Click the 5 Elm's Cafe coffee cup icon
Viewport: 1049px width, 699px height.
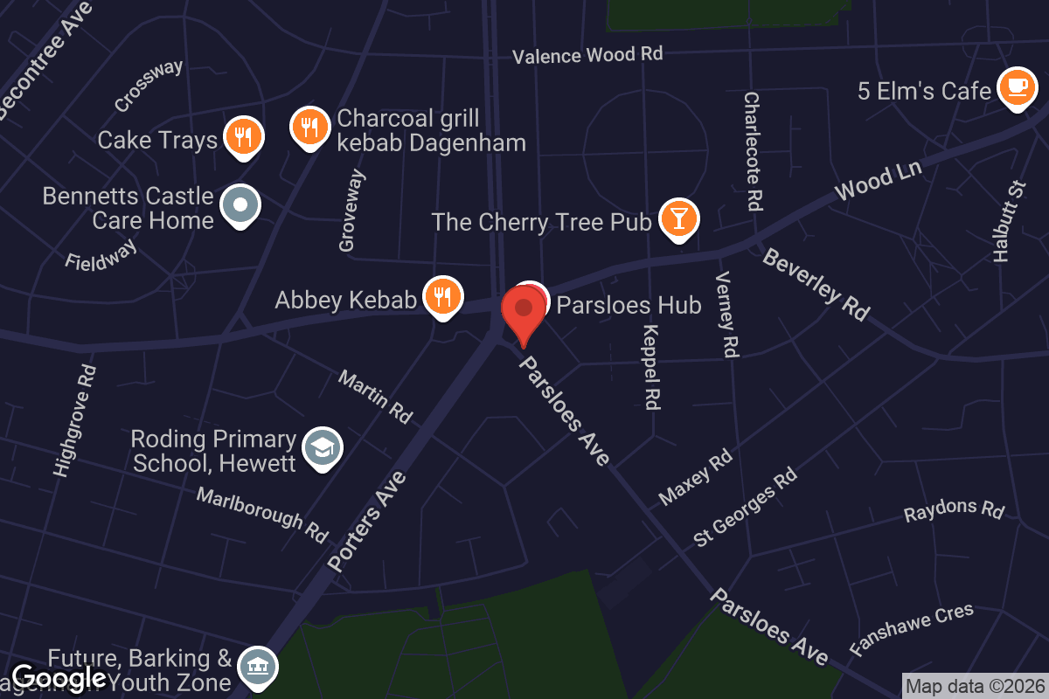(1016, 87)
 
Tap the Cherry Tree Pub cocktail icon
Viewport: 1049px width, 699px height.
(678, 218)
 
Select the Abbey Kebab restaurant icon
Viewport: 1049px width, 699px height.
(443, 296)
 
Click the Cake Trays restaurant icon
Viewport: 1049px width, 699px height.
(243, 136)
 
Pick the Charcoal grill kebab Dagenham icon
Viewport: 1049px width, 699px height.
(309, 128)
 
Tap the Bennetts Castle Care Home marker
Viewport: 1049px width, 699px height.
(241, 205)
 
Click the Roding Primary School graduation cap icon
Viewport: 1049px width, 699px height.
(323, 448)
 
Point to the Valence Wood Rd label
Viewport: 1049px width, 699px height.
(587, 55)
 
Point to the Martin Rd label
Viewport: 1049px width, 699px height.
(375, 396)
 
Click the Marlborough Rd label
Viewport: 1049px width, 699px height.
(262, 514)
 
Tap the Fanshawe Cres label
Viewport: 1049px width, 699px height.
(912, 629)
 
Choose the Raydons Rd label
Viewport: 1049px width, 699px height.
(955, 510)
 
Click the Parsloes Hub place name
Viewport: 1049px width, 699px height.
(629, 305)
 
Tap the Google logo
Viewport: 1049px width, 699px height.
(59, 678)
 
